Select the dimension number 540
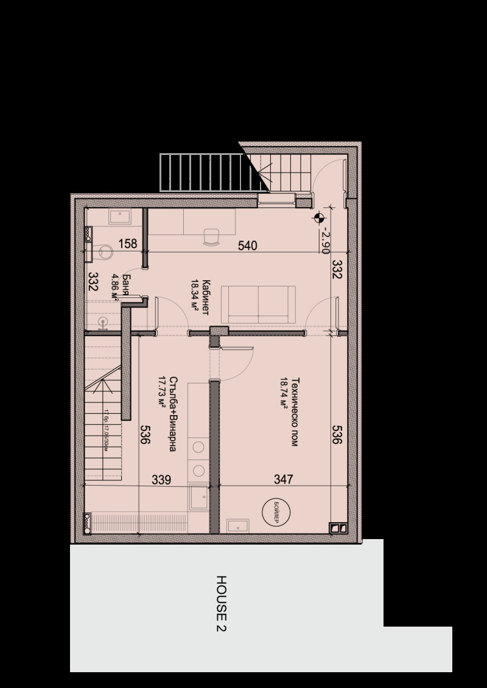(x=247, y=246)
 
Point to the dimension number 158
(x=127, y=245)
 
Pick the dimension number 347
(x=284, y=480)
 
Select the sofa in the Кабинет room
(x=258, y=304)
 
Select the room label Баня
(x=125, y=283)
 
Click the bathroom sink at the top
(x=118, y=216)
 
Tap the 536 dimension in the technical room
(x=337, y=435)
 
